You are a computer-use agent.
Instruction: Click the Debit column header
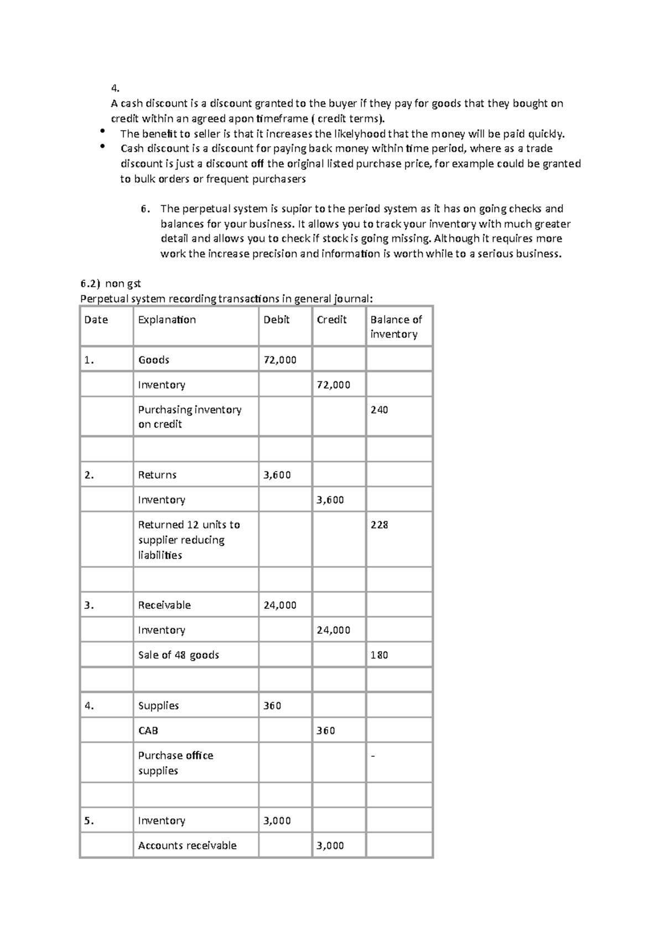coord(277,320)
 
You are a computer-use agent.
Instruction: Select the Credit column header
coord(331,320)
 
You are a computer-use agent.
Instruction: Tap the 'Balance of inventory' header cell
coord(396,327)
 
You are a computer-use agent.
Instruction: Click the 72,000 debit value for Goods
coord(280,360)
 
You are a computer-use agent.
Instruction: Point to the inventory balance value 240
coord(379,410)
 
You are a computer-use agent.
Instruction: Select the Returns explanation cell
coord(157,475)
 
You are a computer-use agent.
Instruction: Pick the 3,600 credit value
coord(330,500)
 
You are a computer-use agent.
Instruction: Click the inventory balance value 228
coord(379,525)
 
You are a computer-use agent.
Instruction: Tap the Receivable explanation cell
coord(164,605)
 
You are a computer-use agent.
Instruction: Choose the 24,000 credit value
coord(333,630)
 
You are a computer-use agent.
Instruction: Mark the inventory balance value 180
coord(379,655)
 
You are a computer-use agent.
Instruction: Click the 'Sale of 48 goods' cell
coord(178,655)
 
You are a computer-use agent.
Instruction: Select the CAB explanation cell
coord(148,731)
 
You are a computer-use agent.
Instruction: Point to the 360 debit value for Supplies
coord(272,706)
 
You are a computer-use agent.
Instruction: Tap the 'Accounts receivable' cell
coord(187,845)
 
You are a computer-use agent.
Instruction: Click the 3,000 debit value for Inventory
coord(277,820)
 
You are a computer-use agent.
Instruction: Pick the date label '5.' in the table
coord(89,820)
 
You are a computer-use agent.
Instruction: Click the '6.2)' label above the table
coord(90,283)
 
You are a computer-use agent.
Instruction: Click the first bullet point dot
coord(102,131)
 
